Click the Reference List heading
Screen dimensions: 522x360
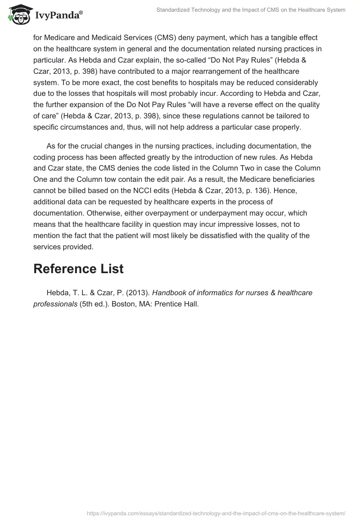pos(78,269)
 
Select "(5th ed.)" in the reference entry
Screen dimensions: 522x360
pos(94,304)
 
